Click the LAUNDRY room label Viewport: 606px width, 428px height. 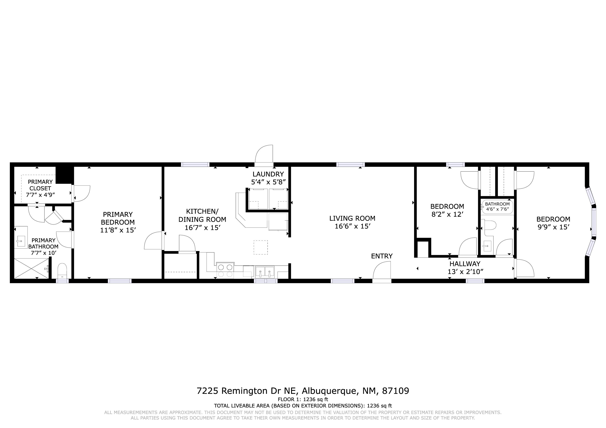pyautogui.click(x=268, y=174)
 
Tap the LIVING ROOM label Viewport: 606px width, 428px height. pyautogui.click(x=352, y=218)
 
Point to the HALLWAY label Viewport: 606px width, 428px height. pyautogui.click(x=465, y=264)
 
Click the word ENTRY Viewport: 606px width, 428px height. pyautogui.click(x=382, y=256)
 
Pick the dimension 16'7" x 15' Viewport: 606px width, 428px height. pyautogui.click(x=202, y=228)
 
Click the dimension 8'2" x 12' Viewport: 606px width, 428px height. pyautogui.click(x=447, y=214)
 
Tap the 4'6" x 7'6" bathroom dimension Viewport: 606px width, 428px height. pyautogui.click(x=497, y=209)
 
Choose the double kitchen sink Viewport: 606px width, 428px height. pyautogui.click(x=265, y=271)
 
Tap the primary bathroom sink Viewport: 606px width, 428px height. pyautogui.click(x=21, y=241)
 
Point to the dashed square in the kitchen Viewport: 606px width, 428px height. pyautogui.click(x=261, y=247)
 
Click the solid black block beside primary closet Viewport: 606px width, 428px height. pyautogui.click(x=64, y=175)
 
